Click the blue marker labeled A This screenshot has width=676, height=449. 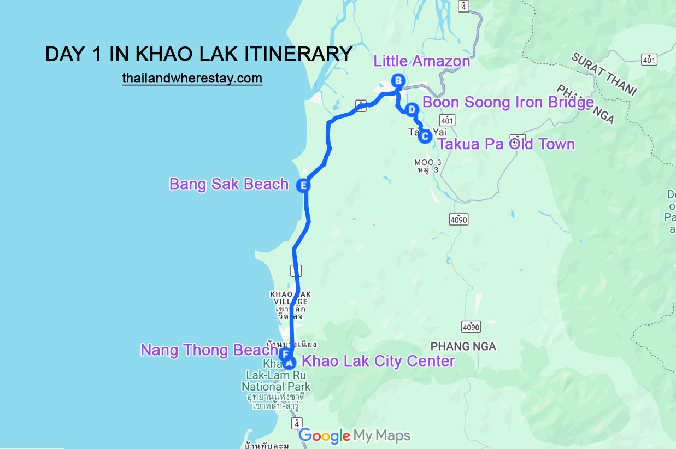(290, 362)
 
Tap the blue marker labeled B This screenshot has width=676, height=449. (398, 81)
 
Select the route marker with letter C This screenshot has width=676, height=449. (425, 136)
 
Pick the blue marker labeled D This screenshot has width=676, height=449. (413, 108)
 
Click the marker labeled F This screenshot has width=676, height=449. (284, 355)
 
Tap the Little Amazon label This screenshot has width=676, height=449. (421, 61)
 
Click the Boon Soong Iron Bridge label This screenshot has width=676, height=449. (508, 102)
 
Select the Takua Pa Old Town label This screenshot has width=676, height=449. (506, 144)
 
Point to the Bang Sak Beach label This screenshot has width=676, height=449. (229, 184)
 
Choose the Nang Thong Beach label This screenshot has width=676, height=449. (209, 350)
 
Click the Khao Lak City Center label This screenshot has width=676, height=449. (378, 361)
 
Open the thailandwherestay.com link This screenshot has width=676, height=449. (192, 79)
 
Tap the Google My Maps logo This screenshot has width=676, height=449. (354, 435)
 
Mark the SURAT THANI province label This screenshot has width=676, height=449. (604, 74)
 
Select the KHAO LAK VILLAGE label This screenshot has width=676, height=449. (290, 298)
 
